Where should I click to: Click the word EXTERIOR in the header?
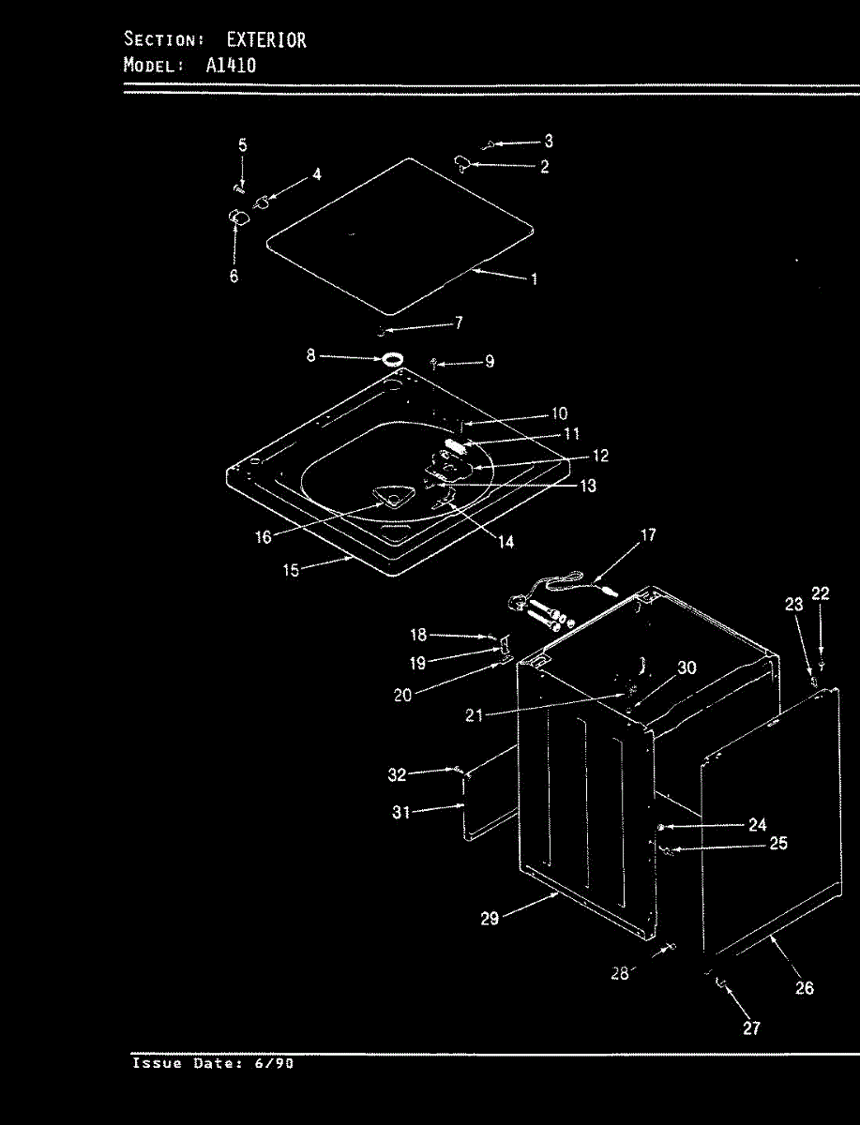click(x=266, y=40)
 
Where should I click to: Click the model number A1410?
click(x=231, y=66)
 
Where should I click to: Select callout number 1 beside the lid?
click(x=534, y=278)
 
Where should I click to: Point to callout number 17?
click(x=648, y=535)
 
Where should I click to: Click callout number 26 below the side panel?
click(x=805, y=987)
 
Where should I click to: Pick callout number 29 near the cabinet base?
click(x=490, y=919)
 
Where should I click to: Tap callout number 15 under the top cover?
click(x=292, y=570)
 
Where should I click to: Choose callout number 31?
click(x=400, y=813)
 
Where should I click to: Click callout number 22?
click(x=821, y=592)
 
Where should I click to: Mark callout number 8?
click(x=311, y=357)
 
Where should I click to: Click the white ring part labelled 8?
click(x=394, y=359)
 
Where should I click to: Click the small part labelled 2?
click(x=463, y=165)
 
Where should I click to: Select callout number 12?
click(x=600, y=456)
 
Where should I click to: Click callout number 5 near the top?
click(x=242, y=145)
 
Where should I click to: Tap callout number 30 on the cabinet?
click(x=686, y=667)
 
